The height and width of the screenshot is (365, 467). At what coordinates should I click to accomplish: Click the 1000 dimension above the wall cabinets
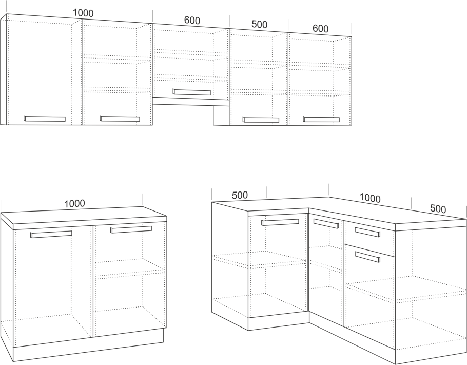pos(83,13)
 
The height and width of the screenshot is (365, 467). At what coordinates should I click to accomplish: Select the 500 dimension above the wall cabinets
pos(259,24)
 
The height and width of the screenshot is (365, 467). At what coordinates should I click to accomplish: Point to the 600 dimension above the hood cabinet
pos(192,20)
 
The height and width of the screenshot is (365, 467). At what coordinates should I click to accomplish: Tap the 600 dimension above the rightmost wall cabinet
pos(320,28)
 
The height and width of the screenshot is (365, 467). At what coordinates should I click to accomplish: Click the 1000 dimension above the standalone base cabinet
pos(74,203)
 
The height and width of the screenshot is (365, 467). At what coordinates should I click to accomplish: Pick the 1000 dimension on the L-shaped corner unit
pos(370,198)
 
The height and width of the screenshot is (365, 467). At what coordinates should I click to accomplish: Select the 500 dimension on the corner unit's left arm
pos(240,195)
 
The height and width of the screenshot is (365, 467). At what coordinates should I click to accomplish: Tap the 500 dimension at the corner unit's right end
pos(438,208)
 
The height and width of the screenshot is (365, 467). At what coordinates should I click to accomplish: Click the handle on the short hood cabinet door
pos(192,92)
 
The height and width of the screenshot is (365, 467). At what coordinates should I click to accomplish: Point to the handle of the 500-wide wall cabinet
pos(261,120)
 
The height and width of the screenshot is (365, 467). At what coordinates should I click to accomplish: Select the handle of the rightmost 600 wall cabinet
pos(321,119)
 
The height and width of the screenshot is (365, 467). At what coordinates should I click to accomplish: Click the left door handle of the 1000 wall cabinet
pos(45,118)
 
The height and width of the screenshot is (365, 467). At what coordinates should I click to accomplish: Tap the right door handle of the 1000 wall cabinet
pos(120,118)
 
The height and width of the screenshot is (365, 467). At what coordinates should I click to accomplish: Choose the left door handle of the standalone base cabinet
pos(51,234)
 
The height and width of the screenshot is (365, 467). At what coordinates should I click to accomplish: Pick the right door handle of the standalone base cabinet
pos(131,229)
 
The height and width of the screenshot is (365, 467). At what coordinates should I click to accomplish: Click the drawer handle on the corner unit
pos(367,232)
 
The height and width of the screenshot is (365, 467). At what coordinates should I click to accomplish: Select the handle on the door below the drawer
pos(367,257)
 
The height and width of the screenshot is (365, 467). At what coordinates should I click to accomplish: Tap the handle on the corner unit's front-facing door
pos(280,222)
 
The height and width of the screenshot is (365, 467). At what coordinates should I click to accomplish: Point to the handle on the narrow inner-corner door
pos(326,223)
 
